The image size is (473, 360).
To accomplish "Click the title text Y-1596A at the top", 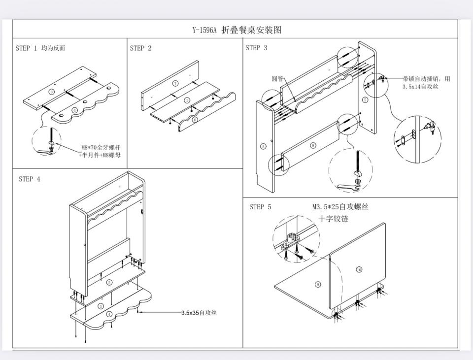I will coord(204,30).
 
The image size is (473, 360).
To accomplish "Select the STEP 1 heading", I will coord(26,48).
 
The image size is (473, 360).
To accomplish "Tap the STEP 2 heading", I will coord(140,48).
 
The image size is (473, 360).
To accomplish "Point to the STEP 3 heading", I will coord(256,48).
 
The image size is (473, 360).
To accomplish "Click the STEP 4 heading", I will coord(29,179).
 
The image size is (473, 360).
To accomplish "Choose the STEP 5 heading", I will coord(260,207).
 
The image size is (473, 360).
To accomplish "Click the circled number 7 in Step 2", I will coord(175,84).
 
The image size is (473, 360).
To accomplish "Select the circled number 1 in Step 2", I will coord(187,100).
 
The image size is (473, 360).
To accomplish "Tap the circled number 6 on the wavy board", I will coord(195,119).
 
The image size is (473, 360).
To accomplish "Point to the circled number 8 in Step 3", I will coord(313,145).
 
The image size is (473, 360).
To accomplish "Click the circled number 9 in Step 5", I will coord(318,285).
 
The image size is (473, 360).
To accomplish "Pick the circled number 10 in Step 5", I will coord(359,269).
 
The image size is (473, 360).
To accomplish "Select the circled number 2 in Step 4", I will coord(109,282).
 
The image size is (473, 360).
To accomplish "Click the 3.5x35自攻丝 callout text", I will coord(199,313).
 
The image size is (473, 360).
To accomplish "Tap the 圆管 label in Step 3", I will coord(278,79).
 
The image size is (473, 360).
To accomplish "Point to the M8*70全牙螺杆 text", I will coord(101,147).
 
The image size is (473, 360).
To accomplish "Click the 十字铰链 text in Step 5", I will coord(333,219).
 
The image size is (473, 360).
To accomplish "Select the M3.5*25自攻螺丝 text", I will coord(340,207).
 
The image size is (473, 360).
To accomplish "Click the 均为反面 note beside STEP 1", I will coord(53,48).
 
